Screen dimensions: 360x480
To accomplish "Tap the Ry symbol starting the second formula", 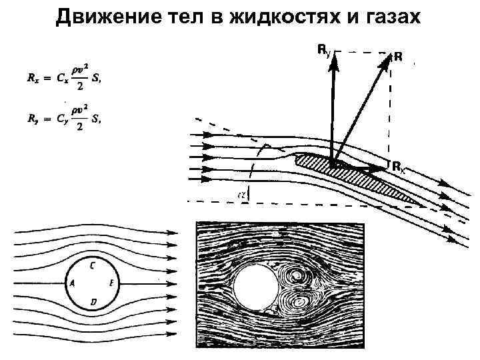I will [x=30, y=120].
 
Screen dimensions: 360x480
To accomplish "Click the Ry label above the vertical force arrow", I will [x=322, y=49].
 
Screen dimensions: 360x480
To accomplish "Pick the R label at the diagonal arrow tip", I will [x=398, y=57].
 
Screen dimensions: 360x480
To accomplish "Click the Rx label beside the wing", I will [x=397, y=167].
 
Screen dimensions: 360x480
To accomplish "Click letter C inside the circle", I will [x=91, y=265].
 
